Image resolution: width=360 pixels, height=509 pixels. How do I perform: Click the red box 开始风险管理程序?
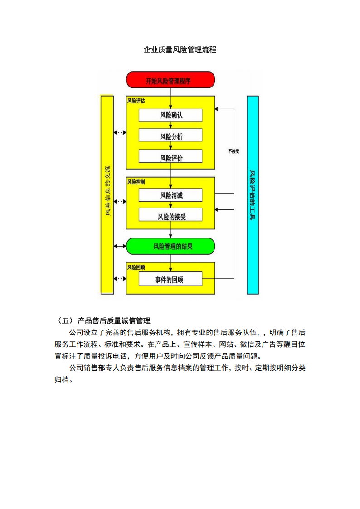pyautogui.click(x=170, y=80)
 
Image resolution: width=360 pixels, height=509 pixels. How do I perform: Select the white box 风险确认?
pyautogui.click(x=170, y=115)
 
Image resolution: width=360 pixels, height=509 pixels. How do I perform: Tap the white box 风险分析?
pyautogui.click(x=170, y=136)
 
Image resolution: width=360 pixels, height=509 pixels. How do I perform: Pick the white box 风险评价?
pyautogui.click(x=170, y=157)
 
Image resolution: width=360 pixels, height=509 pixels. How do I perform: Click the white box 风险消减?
pyautogui.click(x=170, y=195)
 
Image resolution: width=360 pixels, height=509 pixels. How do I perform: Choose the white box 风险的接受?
pyautogui.click(x=170, y=216)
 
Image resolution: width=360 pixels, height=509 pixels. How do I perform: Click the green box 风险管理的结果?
pyautogui.click(x=170, y=246)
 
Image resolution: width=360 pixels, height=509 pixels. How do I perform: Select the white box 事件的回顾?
pyautogui.click(x=170, y=279)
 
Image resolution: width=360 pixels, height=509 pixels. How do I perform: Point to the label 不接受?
pyautogui.click(x=234, y=151)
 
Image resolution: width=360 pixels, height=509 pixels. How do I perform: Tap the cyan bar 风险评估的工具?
pyautogui.click(x=253, y=195)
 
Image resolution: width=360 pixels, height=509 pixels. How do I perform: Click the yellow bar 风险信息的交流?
pyautogui.click(x=107, y=195)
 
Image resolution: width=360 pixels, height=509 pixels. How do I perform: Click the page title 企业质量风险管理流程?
pyautogui.click(x=180, y=50)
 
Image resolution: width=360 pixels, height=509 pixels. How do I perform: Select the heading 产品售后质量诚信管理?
pyautogui.click(x=114, y=321)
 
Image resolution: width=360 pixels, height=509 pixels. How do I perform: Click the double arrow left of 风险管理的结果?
pyautogui.click(x=120, y=246)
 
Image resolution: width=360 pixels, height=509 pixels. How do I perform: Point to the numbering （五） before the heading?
pyautogui.click(x=63, y=321)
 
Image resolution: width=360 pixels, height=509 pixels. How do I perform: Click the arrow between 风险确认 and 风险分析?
pyautogui.click(x=170, y=126)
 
